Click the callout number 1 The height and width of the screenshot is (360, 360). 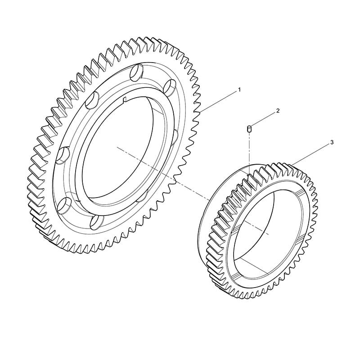click(x=239, y=90)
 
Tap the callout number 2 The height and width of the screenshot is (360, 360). click(x=278, y=111)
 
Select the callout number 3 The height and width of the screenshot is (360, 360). click(x=332, y=143)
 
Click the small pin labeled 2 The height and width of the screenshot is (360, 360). click(x=249, y=129)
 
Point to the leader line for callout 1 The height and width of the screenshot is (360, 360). click(x=218, y=102)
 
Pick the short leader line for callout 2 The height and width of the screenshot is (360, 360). click(x=263, y=119)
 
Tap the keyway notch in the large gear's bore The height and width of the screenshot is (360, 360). click(x=125, y=99)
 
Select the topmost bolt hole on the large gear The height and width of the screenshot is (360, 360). click(x=136, y=72)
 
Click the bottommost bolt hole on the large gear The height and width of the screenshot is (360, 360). click(x=96, y=222)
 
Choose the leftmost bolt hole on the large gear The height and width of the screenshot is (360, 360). click(x=63, y=156)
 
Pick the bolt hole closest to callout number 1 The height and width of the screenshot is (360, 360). click(x=171, y=87)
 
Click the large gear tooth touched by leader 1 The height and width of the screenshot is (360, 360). click(x=198, y=112)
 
